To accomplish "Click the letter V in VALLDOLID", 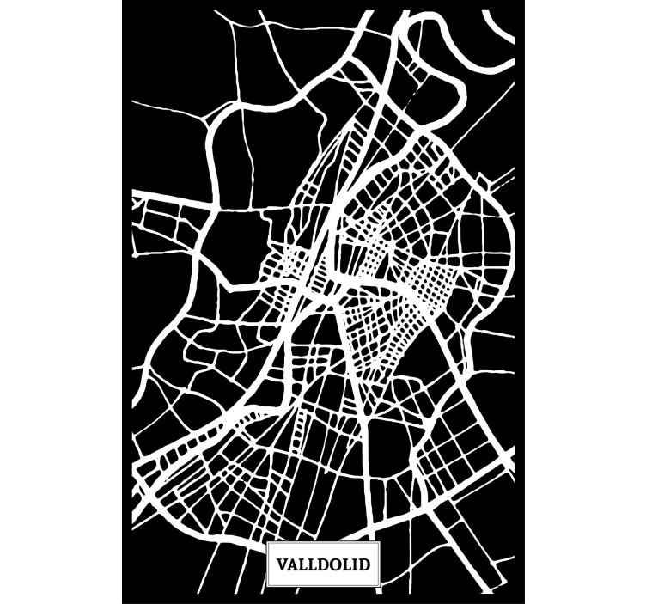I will pyautogui.click(x=282, y=565).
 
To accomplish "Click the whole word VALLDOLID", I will pyautogui.click(x=323, y=565).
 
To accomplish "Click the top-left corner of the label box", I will pyautogui.click(x=266, y=543).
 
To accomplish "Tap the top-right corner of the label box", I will pyautogui.click(x=381, y=543).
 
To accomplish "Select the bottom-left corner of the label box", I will pyautogui.click(x=266, y=588).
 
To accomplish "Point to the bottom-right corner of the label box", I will pyautogui.click(x=381, y=588).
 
